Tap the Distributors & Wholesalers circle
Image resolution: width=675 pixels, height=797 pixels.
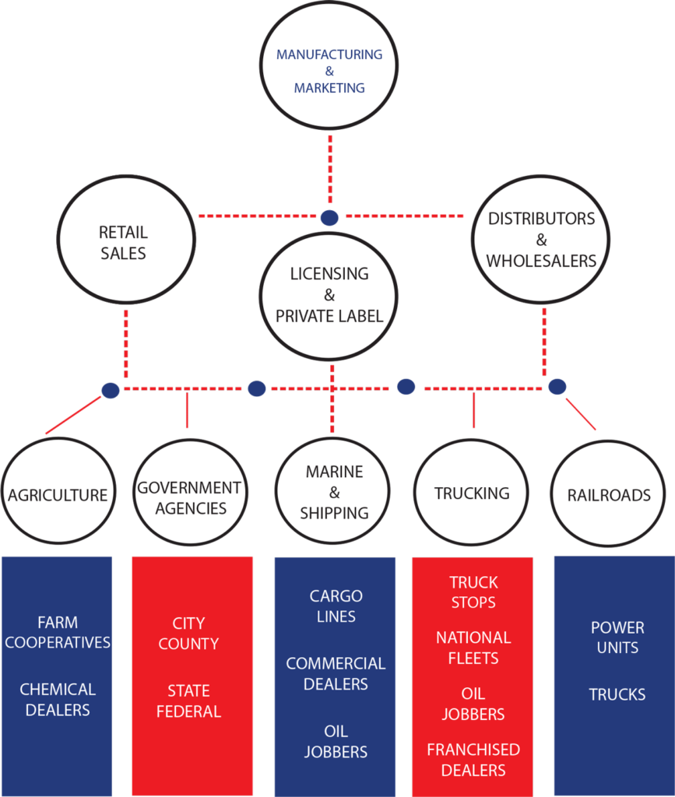tap(541, 239)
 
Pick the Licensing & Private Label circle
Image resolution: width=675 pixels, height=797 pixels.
tap(329, 295)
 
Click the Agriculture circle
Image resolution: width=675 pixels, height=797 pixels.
tap(58, 494)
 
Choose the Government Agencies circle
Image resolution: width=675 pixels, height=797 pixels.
tap(189, 497)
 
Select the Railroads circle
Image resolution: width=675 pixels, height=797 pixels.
tap(609, 495)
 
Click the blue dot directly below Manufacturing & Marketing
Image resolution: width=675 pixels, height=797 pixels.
tap(330, 216)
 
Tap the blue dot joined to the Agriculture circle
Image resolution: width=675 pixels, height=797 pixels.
tap(111, 390)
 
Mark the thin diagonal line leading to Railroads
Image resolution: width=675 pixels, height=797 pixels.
tap(580, 414)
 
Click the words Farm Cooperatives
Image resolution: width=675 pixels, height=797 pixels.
tap(58, 632)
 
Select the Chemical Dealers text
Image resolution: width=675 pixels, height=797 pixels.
tap(58, 699)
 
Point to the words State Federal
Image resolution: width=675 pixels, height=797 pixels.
tap(188, 700)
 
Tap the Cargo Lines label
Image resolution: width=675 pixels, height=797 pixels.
tap(336, 606)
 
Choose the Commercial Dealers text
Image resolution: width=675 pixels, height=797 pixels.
tap(336, 673)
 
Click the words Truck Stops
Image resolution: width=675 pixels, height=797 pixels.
tap(473, 592)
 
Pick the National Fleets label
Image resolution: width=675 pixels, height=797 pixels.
tap(473, 648)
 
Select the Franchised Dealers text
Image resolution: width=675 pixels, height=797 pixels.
tap(473, 760)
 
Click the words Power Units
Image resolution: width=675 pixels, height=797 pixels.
tap(617, 637)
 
